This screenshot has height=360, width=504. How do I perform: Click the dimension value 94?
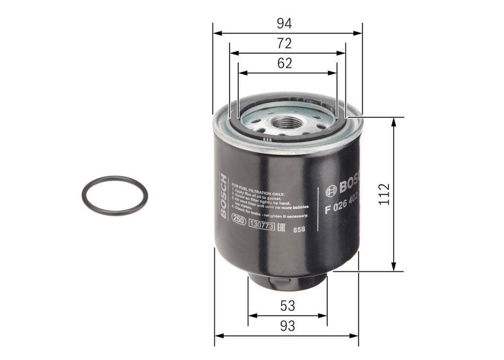285,24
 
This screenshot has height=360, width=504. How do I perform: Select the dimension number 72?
285,44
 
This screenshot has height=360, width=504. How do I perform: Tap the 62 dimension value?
285,63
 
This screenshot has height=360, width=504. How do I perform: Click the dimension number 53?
288,306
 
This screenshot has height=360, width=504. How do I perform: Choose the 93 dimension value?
287,326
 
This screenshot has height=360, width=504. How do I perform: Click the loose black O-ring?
115,196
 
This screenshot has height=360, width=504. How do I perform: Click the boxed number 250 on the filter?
239,225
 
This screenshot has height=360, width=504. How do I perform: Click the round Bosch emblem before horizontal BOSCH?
332,188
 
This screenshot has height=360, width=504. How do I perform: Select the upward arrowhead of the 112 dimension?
394,122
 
